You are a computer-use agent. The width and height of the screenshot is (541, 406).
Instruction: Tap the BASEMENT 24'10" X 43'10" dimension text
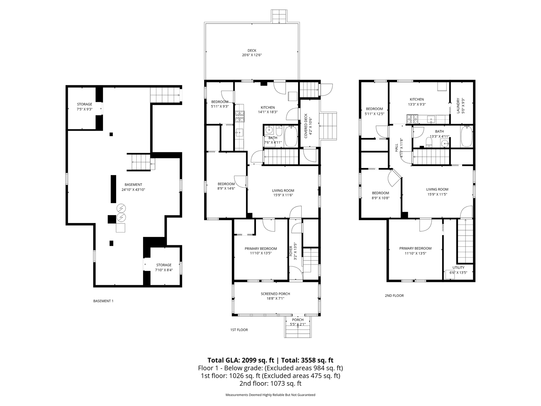133,190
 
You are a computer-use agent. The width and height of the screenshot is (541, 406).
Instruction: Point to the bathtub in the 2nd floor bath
467,136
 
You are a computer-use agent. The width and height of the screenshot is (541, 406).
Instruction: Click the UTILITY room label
459,268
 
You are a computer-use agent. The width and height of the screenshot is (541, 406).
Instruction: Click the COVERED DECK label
306,126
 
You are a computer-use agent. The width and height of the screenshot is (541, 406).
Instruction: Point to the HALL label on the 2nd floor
396,148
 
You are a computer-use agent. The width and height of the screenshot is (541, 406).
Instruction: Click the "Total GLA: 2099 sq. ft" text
241,360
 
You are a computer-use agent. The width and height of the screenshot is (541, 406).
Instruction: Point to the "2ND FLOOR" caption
394,296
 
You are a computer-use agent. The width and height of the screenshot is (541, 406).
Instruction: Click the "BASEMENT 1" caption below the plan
103,301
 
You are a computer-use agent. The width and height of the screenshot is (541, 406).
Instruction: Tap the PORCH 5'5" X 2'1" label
298,322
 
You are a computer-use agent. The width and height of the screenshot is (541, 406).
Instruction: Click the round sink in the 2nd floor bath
446,144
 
